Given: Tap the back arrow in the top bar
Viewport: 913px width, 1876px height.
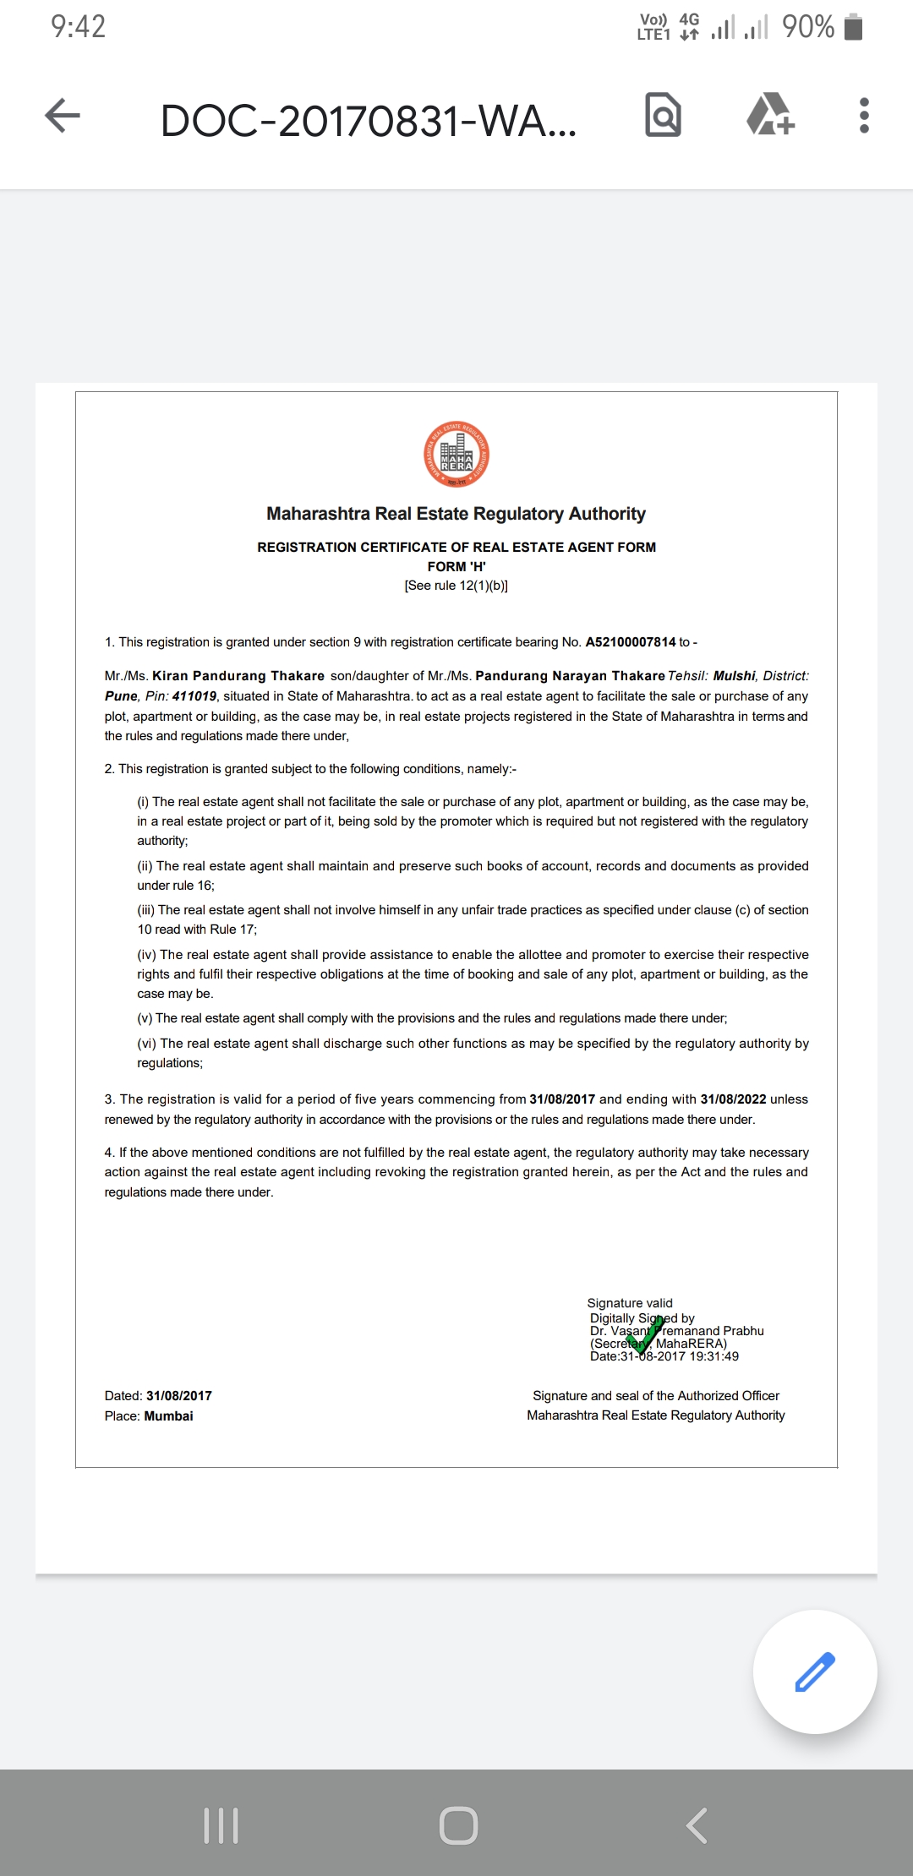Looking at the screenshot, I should click(x=63, y=116).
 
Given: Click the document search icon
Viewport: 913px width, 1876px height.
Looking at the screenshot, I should click(x=663, y=115).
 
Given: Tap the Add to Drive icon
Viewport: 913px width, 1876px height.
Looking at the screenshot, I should click(x=770, y=115).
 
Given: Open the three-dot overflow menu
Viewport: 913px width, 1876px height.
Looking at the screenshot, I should click(x=863, y=116).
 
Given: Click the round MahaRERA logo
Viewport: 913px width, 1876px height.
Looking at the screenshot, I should click(x=456, y=454).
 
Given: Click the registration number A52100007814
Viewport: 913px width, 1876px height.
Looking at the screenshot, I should click(x=631, y=642).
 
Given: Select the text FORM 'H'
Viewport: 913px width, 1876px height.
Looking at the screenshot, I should click(x=456, y=566).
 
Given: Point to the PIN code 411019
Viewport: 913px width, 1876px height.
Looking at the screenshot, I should click(x=194, y=696).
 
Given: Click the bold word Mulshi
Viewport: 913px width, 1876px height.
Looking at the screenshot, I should click(x=734, y=676).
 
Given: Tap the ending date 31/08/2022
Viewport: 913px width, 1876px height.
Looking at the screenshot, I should click(x=733, y=1099).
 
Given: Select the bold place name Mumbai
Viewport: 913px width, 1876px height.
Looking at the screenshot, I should click(x=168, y=1415).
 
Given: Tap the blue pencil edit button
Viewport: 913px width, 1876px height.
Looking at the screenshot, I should click(x=815, y=1671).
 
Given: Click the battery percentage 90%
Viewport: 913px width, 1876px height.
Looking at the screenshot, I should click(x=808, y=27).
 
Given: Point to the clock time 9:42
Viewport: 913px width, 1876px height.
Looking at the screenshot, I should click(x=78, y=27).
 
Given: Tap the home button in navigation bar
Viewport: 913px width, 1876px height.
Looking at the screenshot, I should click(x=458, y=1825).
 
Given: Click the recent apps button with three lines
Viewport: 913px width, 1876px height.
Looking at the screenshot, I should click(x=221, y=1825).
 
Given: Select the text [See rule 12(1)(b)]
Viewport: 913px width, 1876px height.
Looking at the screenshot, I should click(x=456, y=586).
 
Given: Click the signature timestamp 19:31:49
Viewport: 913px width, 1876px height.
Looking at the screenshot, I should click(x=713, y=1356).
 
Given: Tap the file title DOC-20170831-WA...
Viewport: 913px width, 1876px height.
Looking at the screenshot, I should click(x=368, y=121).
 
